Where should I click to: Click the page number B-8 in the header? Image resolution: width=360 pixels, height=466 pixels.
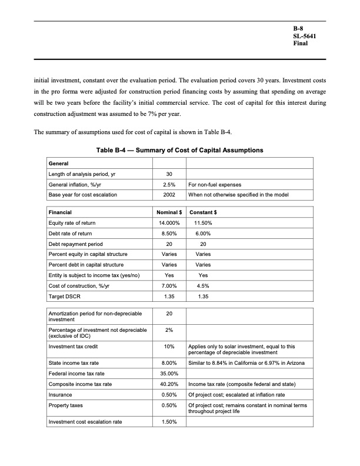click(299, 28)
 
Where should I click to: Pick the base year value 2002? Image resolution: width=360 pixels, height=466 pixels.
click(169, 195)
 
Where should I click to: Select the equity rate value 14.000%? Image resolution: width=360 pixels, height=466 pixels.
click(169, 223)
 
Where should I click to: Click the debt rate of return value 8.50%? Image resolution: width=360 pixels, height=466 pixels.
click(169, 234)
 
